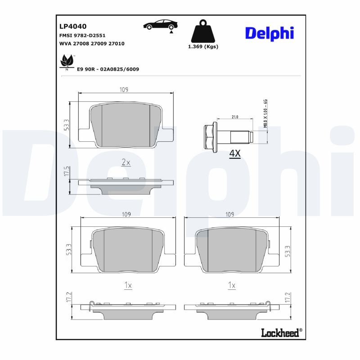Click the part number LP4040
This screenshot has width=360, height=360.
pyautogui.click(x=73, y=26)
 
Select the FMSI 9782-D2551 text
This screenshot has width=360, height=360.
pyautogui.click(x=82, y=35)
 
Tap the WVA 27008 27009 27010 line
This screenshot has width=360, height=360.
pyautogui.click(x=92, y=44)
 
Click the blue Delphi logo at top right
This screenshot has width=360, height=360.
pyautogui.click(x=269, y=33)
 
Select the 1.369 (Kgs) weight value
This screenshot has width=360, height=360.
pyautogui.click(x=203, y=47)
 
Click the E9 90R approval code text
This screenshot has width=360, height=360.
pyautogui.click(x=108, y=69)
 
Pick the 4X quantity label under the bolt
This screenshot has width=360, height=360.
pyautogui.click(x=235, y=154)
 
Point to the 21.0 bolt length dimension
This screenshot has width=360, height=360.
pyautogui.click(x=235, y=117)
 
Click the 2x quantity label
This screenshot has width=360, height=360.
pyautogui.click(x=126, y=162)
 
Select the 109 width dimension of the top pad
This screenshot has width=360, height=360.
pyautogui.click(x=124, y=90)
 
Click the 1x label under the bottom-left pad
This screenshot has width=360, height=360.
pyautogui.click(x=127, y=285)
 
